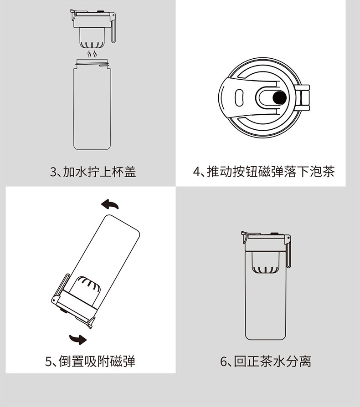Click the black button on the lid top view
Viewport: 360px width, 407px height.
pyautogui.click(x=279, y=97)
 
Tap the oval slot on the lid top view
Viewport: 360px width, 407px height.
pyautogui.click(x=239, y=97)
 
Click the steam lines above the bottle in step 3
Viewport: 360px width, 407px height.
pyautogui.click(x=92, y=54)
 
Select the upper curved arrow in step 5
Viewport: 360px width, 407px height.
pyautogui.click(x=110, y=204)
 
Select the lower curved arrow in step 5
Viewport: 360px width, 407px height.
pyautogui.click(x=78, y=339)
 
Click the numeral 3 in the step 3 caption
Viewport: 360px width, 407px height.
pyautogui.click(x=53, y=172)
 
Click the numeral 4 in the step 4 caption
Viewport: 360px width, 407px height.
pyautogui.click(x=196, y=172)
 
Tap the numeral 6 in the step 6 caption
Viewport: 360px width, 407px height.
pyautogui.click(x=224, y=361)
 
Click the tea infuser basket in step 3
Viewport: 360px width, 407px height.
pyautogui.click(x=92, y=38)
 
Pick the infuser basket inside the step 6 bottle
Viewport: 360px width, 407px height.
pyautogui.click(x=266, y=263)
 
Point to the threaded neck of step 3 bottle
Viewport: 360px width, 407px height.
pyautogui.click(x=92, y=62)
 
